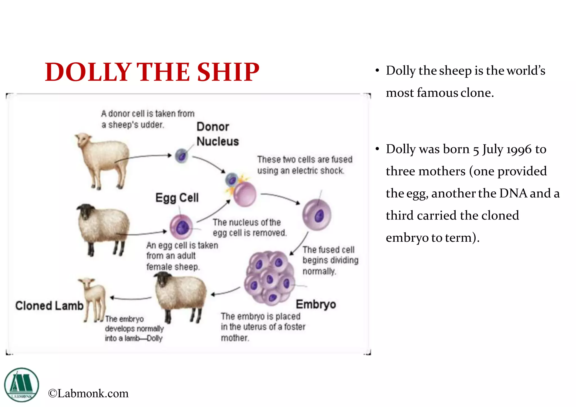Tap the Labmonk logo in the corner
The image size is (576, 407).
pos(21,385)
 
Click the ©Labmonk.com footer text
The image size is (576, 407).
pos(88,393)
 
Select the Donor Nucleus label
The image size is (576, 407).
pos(217,134)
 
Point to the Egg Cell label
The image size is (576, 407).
pos(177,198)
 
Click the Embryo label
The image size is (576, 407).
pos(316,304)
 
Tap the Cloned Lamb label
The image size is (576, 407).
pos(49,306)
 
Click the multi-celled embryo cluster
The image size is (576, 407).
pos(269,278)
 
